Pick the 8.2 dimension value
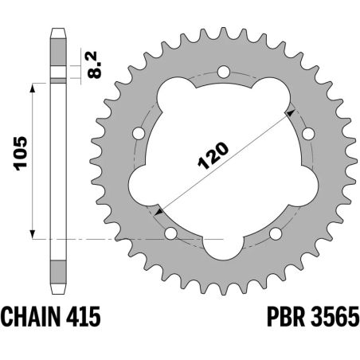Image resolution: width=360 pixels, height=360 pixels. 94,62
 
